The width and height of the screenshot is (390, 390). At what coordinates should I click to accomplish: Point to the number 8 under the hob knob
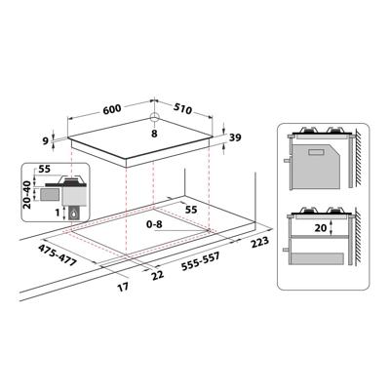[154, 133]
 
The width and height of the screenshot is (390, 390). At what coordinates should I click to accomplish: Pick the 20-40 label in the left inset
[26, 195]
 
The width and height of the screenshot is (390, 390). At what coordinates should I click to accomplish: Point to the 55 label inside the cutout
[192, 208]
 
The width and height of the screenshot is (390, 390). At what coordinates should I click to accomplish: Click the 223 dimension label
[258, 241]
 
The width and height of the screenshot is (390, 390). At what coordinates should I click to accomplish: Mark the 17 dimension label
[121, 290]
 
